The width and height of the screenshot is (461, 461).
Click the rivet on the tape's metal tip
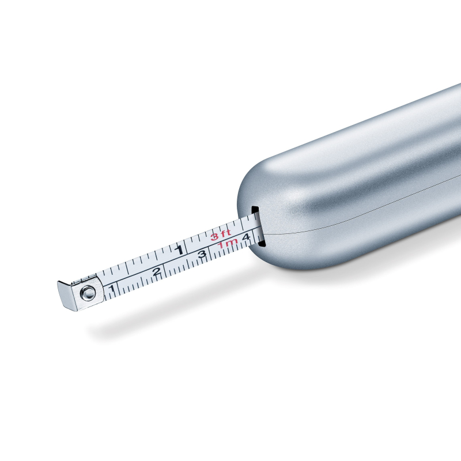click(x=88, y=293)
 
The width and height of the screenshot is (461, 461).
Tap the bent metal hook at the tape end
click(x=66, y=296)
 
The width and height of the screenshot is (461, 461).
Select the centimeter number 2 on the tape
click(x=157, y=271)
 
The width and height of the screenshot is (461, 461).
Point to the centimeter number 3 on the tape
click(x=202, y=254)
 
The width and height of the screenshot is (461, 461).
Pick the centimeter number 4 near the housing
click(x=246, y=237)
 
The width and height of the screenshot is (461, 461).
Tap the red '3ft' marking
click(x=221, y=235)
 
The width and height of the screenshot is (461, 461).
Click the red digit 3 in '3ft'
click(x=214, y=237)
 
